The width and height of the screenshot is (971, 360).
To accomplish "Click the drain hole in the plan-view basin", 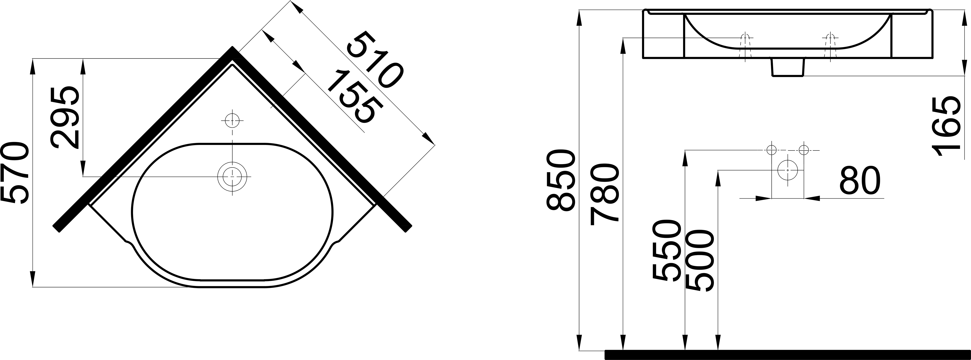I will (233, 176).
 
